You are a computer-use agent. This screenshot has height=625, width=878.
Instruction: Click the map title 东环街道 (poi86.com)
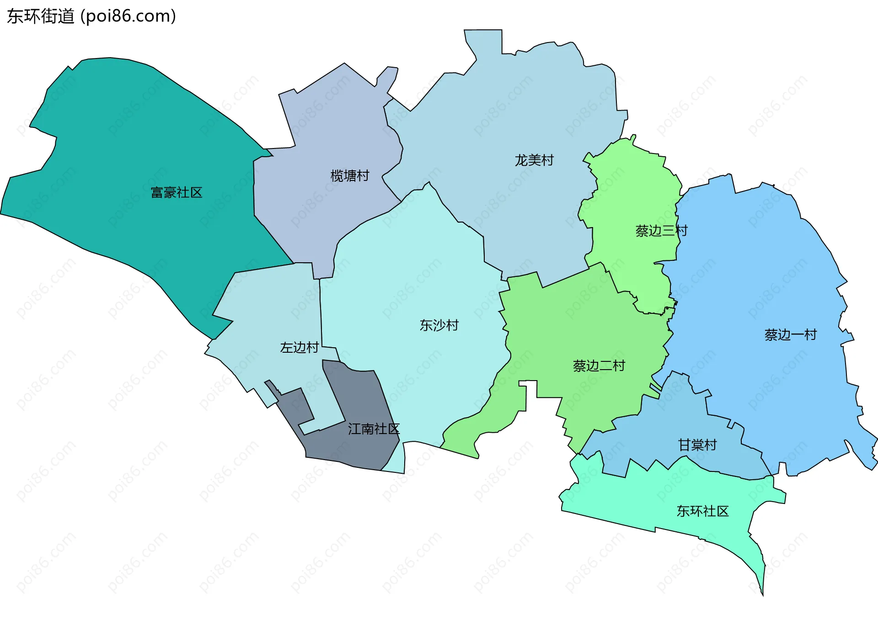point(91,16)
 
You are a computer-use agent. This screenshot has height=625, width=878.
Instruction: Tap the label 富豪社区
point(177,192)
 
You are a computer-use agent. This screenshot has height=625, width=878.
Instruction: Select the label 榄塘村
point(350,176)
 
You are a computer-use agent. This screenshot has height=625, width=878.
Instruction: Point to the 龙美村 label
point(534,160)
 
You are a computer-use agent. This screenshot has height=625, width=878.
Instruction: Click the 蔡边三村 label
point(661,231)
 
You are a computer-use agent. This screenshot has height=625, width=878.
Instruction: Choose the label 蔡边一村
point(790,335)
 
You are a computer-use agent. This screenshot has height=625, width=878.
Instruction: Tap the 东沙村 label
point(439,325)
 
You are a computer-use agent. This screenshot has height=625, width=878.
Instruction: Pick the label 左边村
point(300,348)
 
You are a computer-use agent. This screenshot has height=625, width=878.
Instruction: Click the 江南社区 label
point(374,429)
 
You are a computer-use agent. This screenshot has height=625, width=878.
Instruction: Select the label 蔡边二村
point(599,366)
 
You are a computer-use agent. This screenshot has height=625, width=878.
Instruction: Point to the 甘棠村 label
point(697,445)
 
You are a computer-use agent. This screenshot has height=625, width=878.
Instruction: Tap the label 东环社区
point(702,511)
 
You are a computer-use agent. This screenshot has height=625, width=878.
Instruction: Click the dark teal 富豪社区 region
point(137,137)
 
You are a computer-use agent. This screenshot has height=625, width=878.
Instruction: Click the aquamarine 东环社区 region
point(640,498)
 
